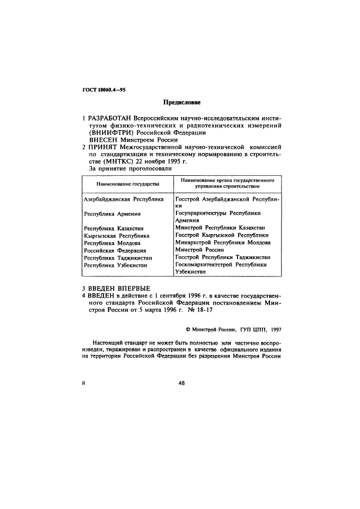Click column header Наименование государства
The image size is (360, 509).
127,184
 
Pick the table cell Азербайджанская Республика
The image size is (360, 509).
123,200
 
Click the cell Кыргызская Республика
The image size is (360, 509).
117,236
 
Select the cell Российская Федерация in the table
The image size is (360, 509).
115,250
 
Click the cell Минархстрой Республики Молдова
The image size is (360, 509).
223,242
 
